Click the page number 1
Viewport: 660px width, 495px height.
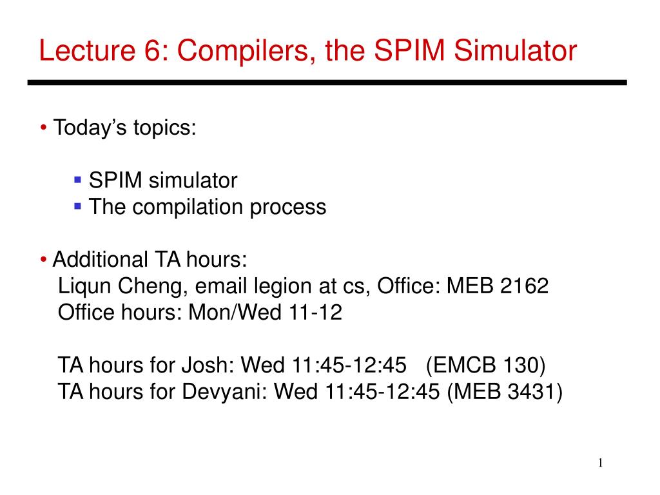point(600,463)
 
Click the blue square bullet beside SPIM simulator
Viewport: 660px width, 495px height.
point(77,180)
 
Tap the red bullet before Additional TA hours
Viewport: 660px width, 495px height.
point(43,259)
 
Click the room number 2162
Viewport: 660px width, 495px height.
point(524,286)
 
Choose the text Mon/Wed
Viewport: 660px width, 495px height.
point(235,313)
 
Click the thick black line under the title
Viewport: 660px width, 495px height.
point(327,82)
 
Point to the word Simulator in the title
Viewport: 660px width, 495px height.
point(515,50)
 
